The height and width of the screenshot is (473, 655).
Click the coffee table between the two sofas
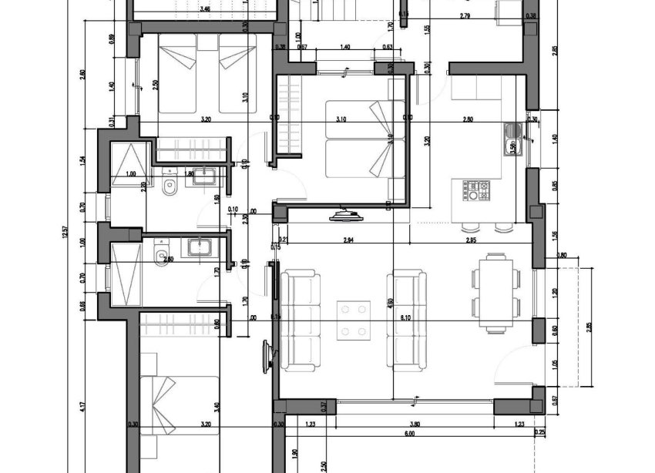click(x=354, y=319)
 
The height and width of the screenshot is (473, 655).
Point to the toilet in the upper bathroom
click(x=170, y=185)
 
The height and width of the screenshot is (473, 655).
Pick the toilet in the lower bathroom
click(x=161, y=258)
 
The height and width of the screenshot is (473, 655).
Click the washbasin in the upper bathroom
click(x=203, y=176)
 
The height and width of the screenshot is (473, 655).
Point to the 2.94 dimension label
click(x=348, y=240)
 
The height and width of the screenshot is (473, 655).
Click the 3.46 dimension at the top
click(x=205, y=9)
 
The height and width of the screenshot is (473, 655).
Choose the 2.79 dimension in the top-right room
click(x=465, y=15)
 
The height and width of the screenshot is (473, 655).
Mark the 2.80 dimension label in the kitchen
click(x=468, y=120)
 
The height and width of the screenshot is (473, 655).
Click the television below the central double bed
click(x=343, y=216)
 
